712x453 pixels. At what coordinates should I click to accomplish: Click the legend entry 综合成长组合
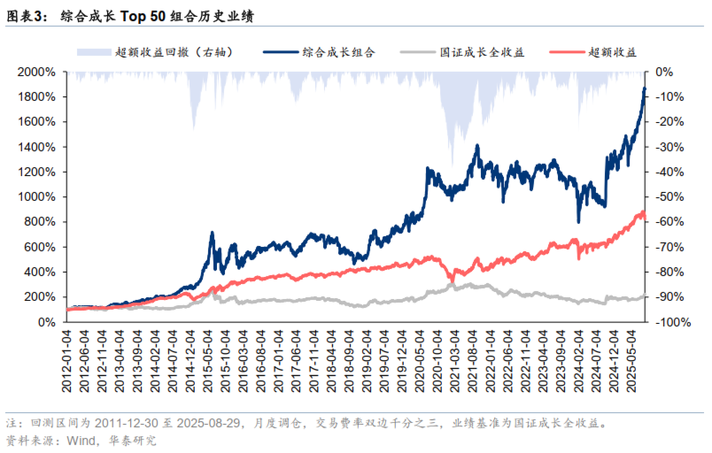point(338,52)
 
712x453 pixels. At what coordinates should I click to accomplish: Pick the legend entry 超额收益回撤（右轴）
point(174,52)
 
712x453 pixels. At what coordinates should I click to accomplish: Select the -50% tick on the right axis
point(668,197)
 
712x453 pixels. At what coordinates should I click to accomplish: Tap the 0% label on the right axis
point(663,72)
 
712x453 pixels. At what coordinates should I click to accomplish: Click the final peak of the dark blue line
point(644,88)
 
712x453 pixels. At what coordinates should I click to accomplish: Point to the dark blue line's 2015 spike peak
point(213,233)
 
